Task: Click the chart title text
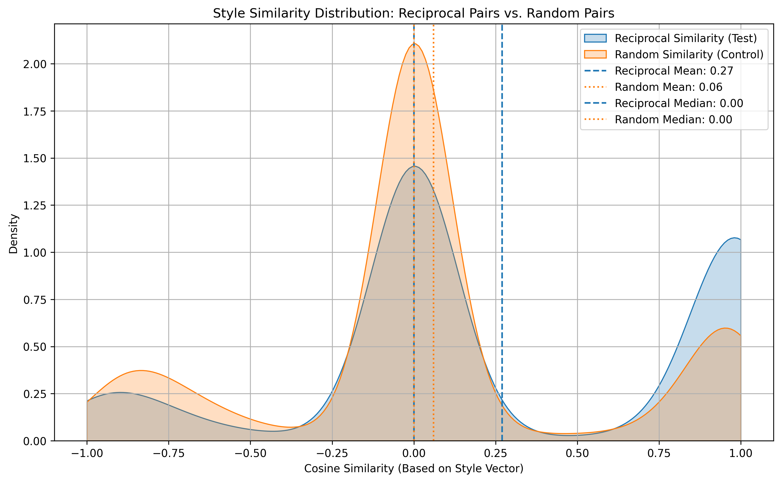[x=413, y=13]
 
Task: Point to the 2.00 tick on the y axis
[x=35, y=64]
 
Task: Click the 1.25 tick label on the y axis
[x=35, y=206]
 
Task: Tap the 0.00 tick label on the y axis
[x=35, y=441]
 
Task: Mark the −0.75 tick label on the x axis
[x=169, y=453]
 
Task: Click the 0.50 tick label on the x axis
[x=577, y=453]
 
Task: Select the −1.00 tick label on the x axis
[x=87, y=453]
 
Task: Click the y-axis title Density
[x=13, y=234]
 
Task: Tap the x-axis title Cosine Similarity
[x=413, y=469]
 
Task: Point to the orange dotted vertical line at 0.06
[x=434, y=255]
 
